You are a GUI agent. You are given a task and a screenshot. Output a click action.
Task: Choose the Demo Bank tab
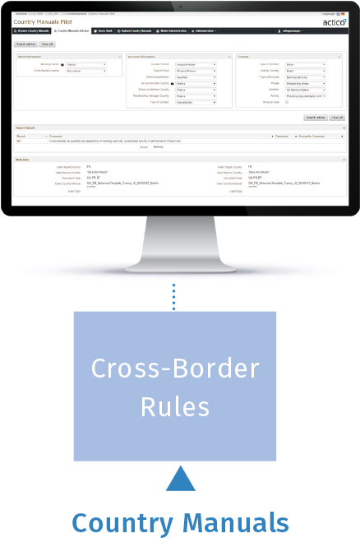point(105,30)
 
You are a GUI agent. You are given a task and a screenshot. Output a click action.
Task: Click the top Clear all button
point(48,44)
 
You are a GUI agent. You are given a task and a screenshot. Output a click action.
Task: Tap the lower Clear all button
point(337,118)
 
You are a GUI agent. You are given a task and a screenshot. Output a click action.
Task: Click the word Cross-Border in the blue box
point(174,369)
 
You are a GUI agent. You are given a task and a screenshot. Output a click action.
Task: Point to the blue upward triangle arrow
point(180,480)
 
